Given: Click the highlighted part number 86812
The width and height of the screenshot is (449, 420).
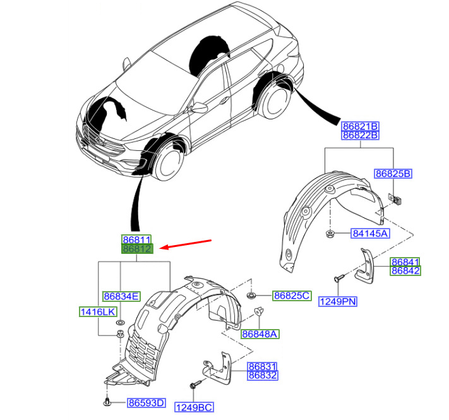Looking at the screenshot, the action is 137,249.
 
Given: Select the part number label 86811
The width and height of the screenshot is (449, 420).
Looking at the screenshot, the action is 136,239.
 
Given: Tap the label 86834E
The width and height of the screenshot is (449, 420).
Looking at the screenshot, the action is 121,296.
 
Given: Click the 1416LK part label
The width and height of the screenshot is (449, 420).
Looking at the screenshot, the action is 98,311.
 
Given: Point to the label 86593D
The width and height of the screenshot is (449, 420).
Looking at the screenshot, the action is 146,403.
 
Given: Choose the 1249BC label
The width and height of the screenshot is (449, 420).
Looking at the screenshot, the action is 194,407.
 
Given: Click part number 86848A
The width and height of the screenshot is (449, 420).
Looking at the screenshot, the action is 260,334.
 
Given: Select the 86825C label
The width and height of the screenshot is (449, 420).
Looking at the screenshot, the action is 292,296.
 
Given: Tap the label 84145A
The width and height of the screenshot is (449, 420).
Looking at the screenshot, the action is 371,233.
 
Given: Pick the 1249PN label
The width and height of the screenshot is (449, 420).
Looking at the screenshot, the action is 338,301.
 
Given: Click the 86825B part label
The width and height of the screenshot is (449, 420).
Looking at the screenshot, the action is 393,174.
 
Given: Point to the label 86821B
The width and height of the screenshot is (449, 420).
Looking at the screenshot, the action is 360,126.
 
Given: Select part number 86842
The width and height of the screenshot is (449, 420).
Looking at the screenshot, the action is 405,270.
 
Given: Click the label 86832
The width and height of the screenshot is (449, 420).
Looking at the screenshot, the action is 262,375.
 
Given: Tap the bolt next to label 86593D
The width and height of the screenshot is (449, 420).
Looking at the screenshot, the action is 107,402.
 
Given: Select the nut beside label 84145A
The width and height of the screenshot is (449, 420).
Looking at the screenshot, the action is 330,234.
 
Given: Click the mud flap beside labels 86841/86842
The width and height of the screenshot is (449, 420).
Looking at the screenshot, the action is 365,267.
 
